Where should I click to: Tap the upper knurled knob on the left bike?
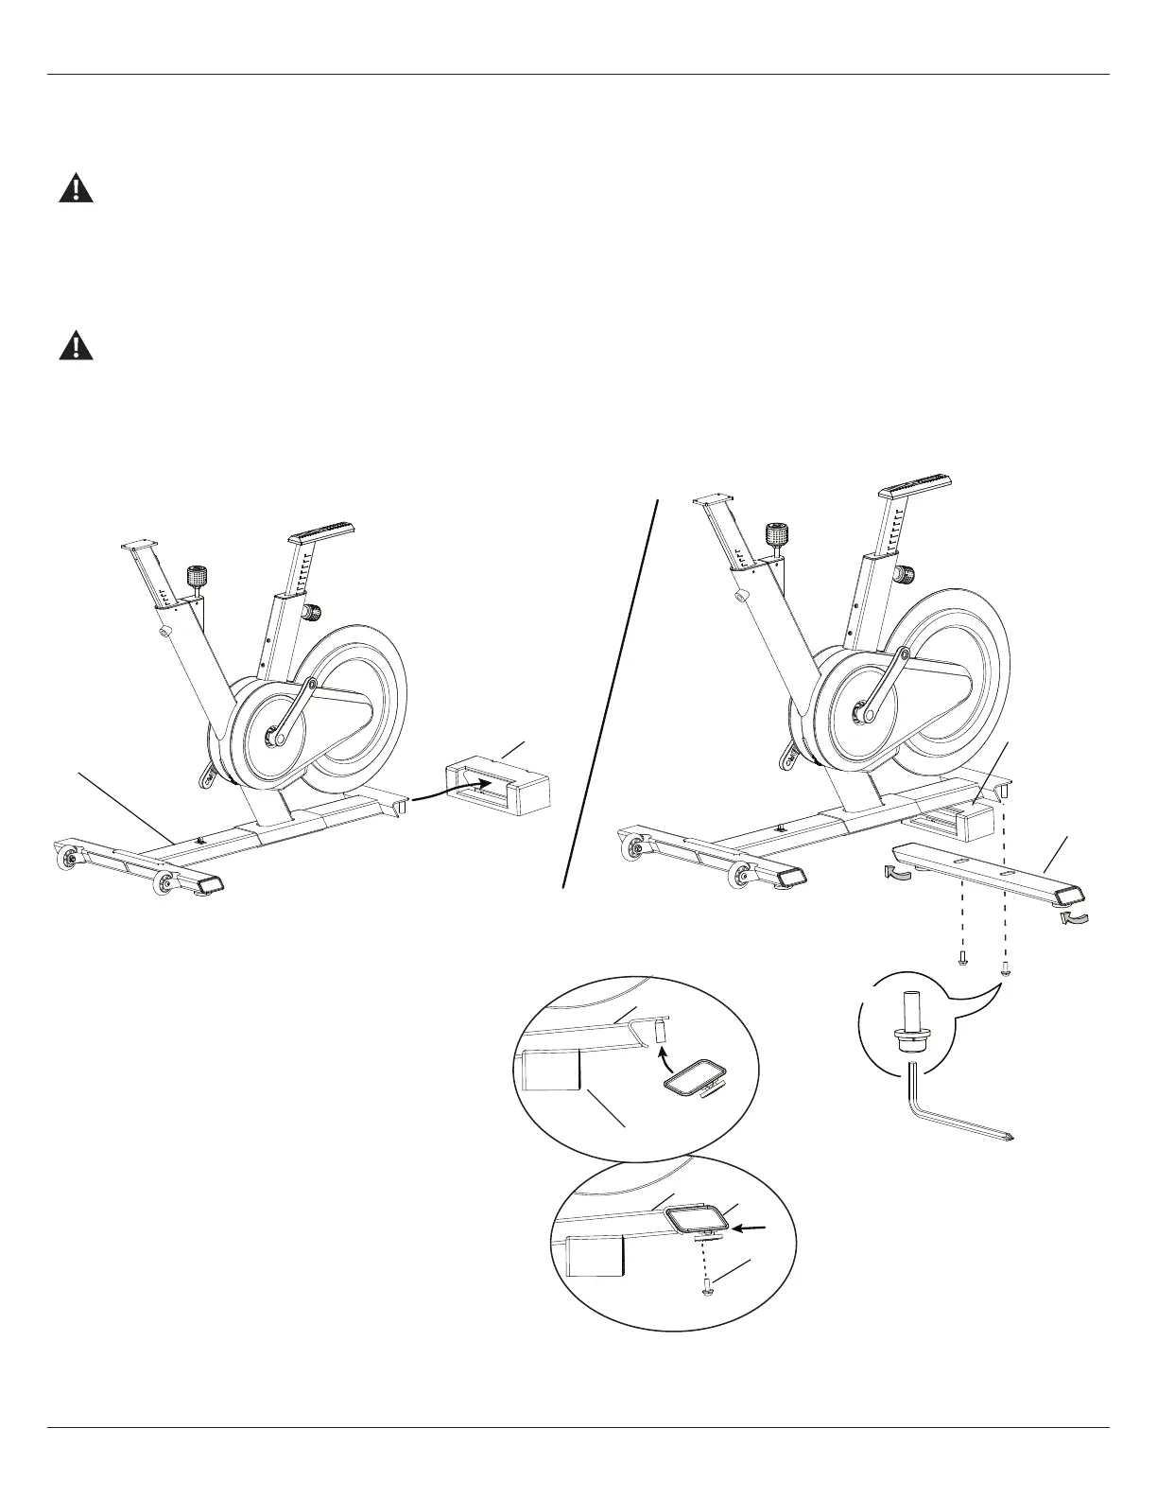coord(197,576)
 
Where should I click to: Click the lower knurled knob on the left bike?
coord(310,613)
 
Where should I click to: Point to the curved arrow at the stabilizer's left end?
coord(898,873)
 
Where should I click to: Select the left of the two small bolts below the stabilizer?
coord(963,958)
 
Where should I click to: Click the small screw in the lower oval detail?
coord(708,1288)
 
